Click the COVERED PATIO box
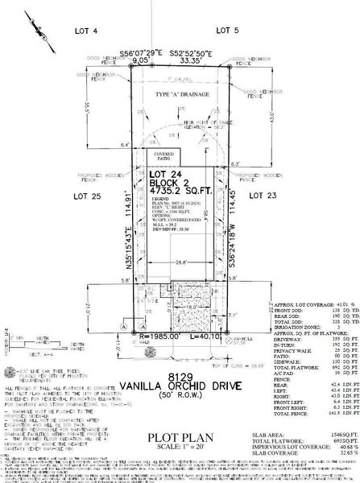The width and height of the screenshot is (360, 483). [x=163, y=155]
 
